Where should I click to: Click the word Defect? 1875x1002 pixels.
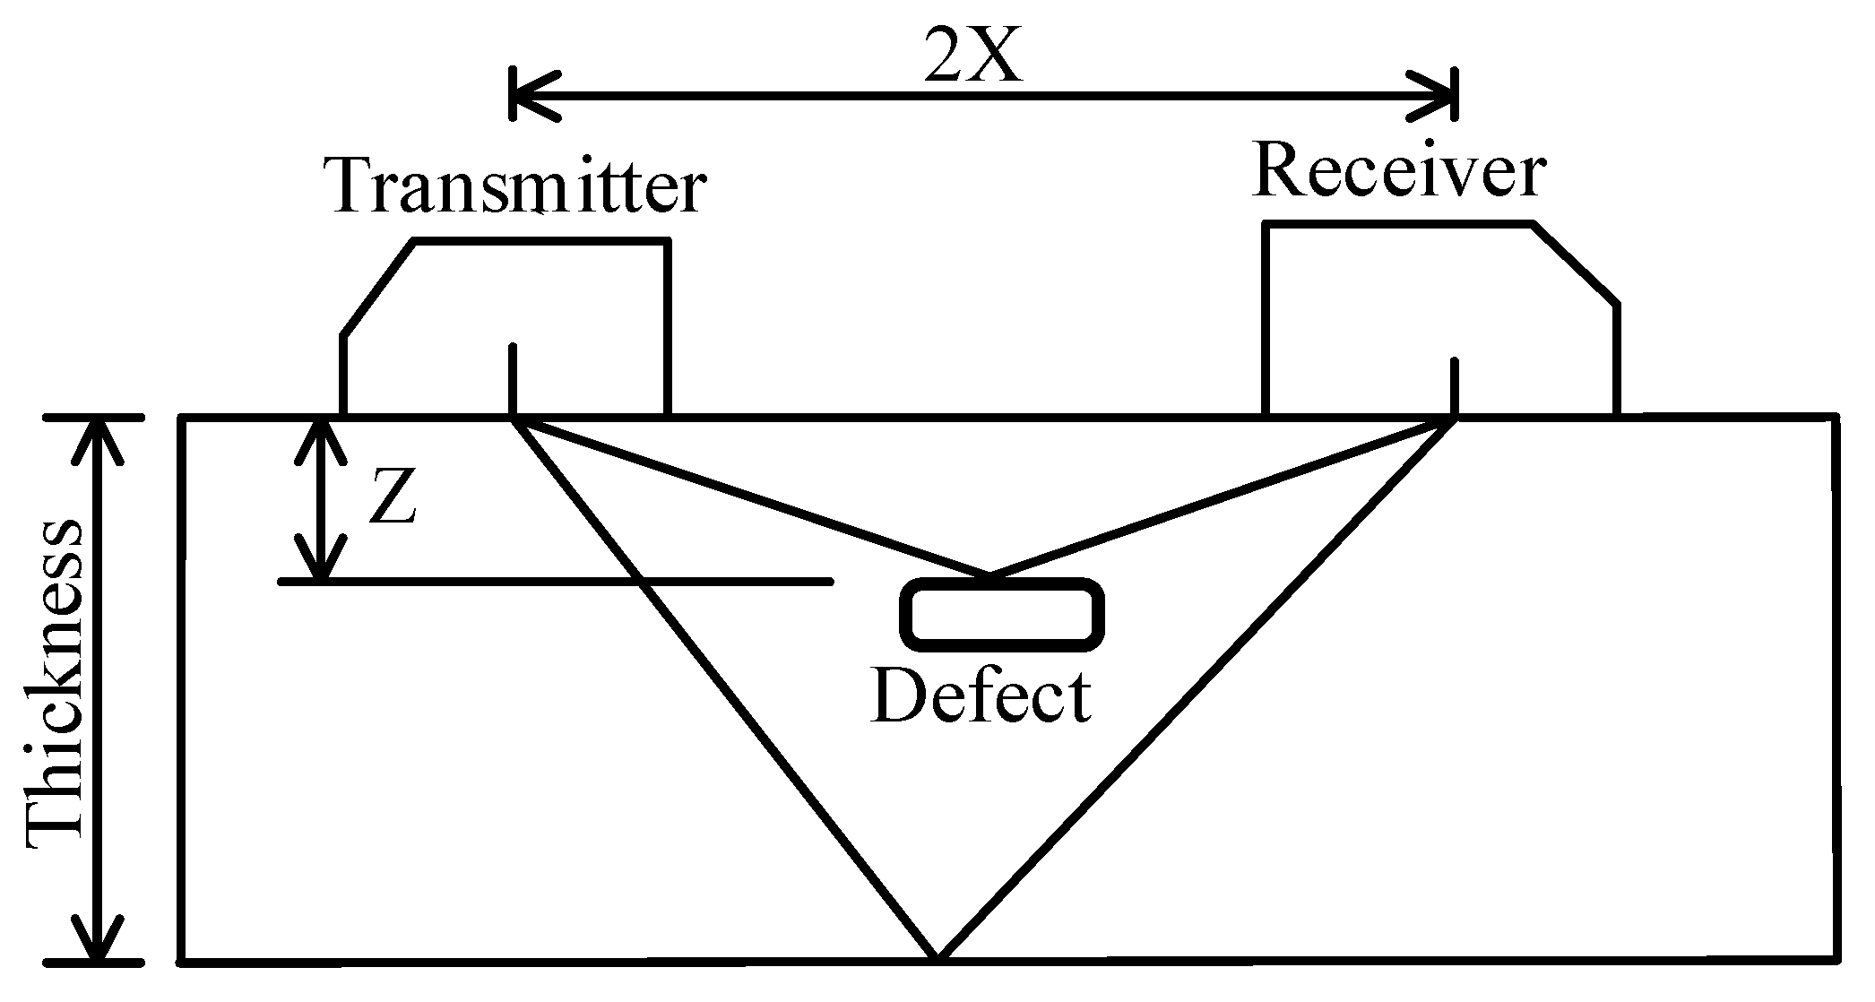(x=981, y=696)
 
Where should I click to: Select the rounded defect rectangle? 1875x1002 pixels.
(x=1001, y=614)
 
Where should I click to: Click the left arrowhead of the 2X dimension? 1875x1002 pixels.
(x=529, y=93)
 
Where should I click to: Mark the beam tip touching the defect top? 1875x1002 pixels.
(x=988, y=573)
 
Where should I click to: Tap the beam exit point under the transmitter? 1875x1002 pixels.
(x=514, y=418)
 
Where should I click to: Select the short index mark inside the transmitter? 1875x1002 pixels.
(x=513, y=376)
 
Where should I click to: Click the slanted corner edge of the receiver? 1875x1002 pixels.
(x=1576, y=265)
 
